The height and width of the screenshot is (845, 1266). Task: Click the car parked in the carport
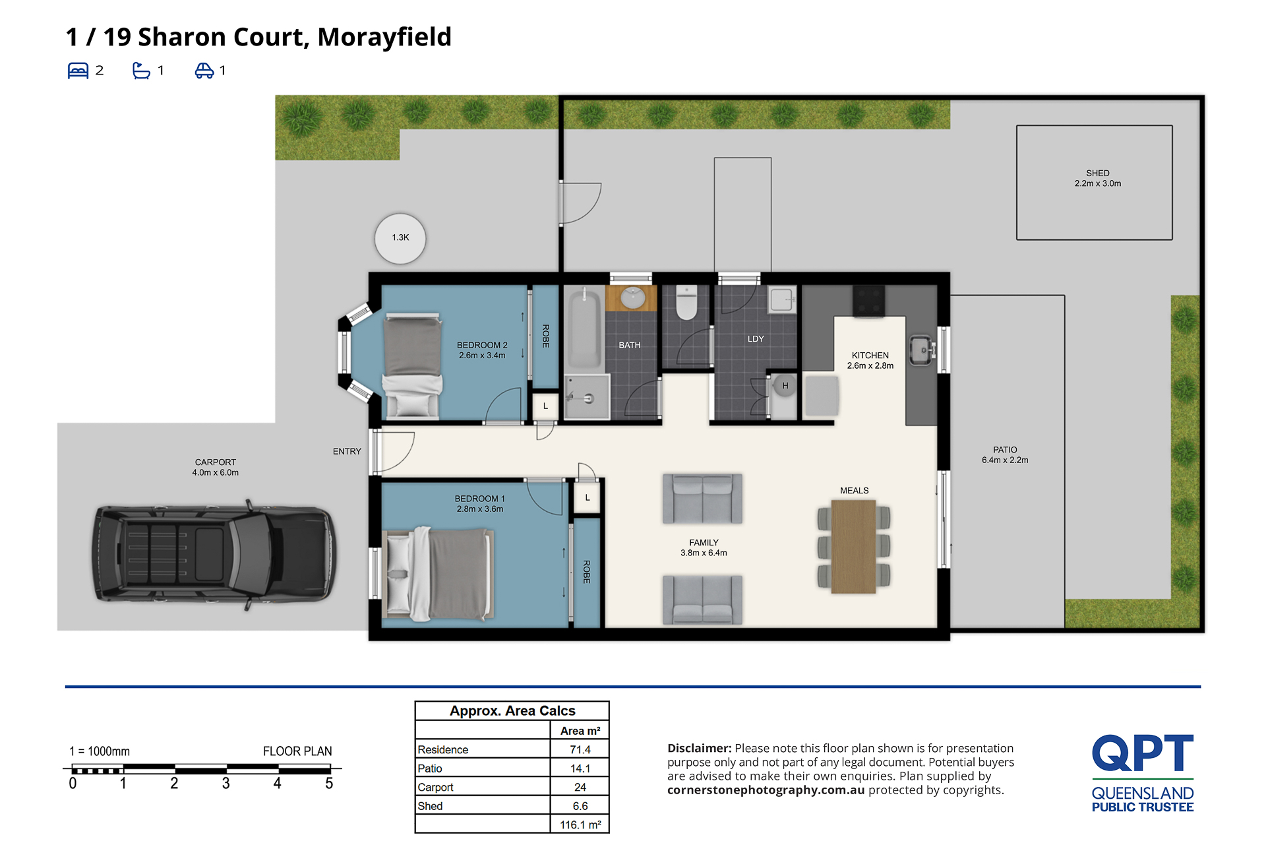click(x=214, y=554)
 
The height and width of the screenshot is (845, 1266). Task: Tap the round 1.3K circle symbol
click(x=400, y=238)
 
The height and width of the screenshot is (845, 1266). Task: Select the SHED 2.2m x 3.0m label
click(x=1098, y=178)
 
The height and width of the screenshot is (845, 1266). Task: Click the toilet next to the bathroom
click(x=686, y=302)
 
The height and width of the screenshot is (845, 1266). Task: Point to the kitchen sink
click(x=921, y=350)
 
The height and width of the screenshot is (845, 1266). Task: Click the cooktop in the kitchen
click(x=869, y=301)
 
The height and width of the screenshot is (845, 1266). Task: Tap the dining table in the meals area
click(x=854, y=546)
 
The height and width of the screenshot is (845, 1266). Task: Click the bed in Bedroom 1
click(x=438, y=574)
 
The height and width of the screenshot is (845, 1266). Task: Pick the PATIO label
click(x=1005, y=450)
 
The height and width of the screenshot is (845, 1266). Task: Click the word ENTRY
click(x=347, y=451)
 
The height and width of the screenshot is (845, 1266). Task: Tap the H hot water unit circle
click(x=785, y=385)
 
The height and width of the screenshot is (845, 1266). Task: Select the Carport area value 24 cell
click(x=580, y=787)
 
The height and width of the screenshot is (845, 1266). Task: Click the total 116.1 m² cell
click(x=580, y=825)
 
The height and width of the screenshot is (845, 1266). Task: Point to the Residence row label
click(x=443, y=749)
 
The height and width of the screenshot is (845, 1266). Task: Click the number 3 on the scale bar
click(x=226, y=784)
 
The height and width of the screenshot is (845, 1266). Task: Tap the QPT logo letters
click(x=1143, y=753)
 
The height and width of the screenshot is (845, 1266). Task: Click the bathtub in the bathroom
click(x=584, y=328)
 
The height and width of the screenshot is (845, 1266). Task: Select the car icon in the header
click(x=204, y=71)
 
